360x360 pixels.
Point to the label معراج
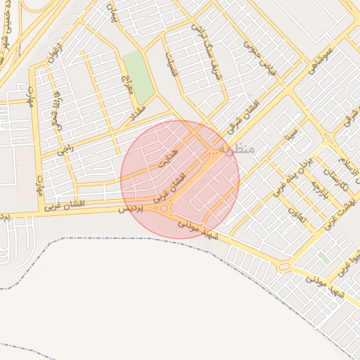(x=127, y=83)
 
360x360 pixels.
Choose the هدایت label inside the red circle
(x=169, y=160)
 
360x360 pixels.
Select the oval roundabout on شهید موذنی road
(x=285, y=266)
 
